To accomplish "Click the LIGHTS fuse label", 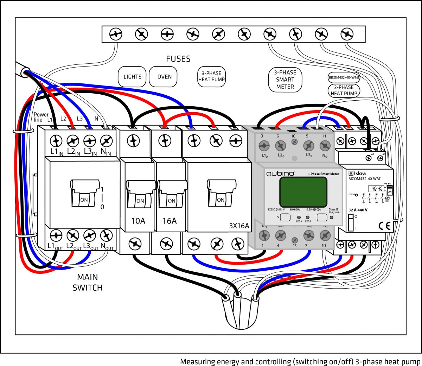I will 132,77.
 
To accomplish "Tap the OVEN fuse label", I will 164,77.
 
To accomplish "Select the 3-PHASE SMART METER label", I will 285,80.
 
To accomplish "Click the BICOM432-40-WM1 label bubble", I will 344,77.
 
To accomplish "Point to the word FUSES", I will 178,59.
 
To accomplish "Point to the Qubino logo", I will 280,174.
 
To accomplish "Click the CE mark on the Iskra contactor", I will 385,226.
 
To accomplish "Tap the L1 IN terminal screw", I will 56,141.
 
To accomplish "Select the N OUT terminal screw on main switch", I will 106,235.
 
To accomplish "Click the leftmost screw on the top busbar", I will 116,34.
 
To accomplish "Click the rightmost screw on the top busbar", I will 347,34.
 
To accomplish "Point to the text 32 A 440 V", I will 358,210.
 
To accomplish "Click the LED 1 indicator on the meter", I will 299,217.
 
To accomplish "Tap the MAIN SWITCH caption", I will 87,282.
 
